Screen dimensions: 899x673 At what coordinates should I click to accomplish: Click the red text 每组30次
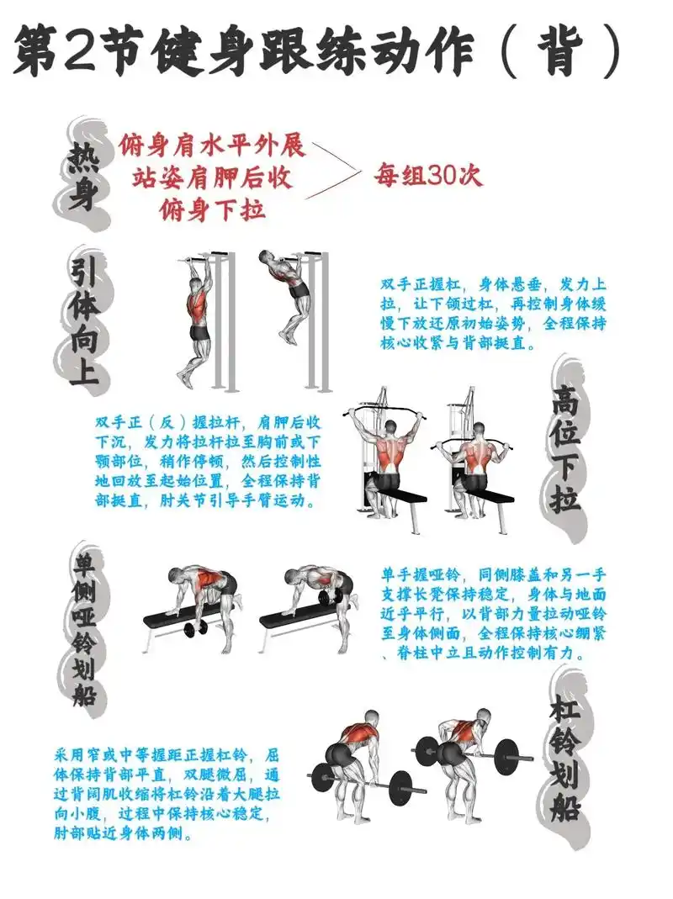click(x=429, y=176)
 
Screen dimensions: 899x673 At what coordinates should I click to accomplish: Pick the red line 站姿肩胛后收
click(x=211, y=177)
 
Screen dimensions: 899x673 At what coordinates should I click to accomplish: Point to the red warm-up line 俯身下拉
click(x=211, y=209)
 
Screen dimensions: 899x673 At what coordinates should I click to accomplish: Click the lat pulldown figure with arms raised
click(x=388, y=454)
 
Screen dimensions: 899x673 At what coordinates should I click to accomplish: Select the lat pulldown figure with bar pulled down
click(x=476, y=458)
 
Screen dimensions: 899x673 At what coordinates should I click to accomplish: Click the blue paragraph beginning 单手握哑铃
click(x=495, y=613)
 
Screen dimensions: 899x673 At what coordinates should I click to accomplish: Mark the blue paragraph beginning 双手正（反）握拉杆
click(x=208, y=462)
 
